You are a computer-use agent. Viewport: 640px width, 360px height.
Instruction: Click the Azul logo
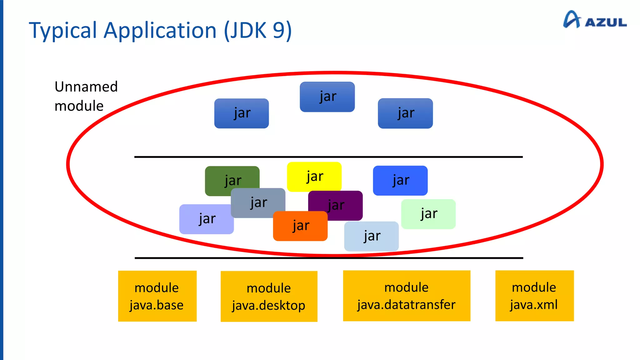point(594,20)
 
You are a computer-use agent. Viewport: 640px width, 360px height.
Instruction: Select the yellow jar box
point(314,177)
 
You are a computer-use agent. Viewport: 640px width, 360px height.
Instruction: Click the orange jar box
point(300,226)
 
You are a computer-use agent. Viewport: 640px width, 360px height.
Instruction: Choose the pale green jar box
point(428,214)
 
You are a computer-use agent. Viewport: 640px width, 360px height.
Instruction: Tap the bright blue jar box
point(400,181)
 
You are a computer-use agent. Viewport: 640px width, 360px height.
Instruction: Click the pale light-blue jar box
point(371,236)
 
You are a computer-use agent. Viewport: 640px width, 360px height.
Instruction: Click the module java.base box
point(157,296)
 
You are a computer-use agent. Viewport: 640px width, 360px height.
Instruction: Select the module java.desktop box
point(269,296)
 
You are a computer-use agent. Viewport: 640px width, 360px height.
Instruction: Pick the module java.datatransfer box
point(407,296)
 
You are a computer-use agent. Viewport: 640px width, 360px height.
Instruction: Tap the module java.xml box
point(534,296)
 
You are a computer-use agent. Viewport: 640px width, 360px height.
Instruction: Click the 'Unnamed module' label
point(86,96)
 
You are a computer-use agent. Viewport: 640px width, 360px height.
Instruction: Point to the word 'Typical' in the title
point(63,31)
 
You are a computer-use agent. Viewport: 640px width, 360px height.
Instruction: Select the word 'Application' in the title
point(160,31)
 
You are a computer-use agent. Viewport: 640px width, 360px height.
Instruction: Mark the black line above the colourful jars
point(328,157)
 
